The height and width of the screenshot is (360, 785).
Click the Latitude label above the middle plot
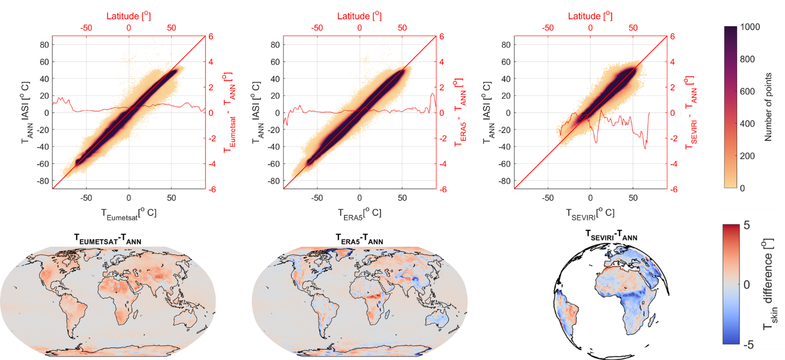click(x=359, y=15)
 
